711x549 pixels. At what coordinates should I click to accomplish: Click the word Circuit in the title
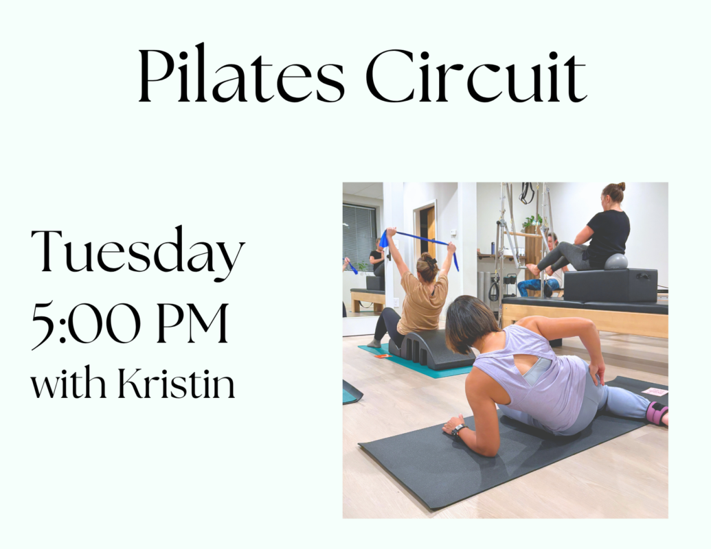pyautogui.click(x=476, y=76)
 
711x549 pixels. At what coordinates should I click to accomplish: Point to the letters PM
pyautogui.click(x=193, y=323)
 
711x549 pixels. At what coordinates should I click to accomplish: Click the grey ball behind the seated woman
pyautogui.click(x=616, y=261)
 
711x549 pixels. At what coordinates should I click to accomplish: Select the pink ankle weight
pyautogui.click(x=657, y=412)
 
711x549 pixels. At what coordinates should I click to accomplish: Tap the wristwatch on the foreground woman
pyautogui.click(x=458, y=428)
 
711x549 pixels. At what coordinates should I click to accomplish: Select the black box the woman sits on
pyautogui.click(x=610, y=285)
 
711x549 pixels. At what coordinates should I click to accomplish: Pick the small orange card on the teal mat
pyautogui.click(x=382, y=356)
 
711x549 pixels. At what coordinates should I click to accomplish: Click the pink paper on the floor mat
pyautogui.click(x=655, y=391)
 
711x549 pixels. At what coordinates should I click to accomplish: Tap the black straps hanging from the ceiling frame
pyautogui.click(x=527, y=193)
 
